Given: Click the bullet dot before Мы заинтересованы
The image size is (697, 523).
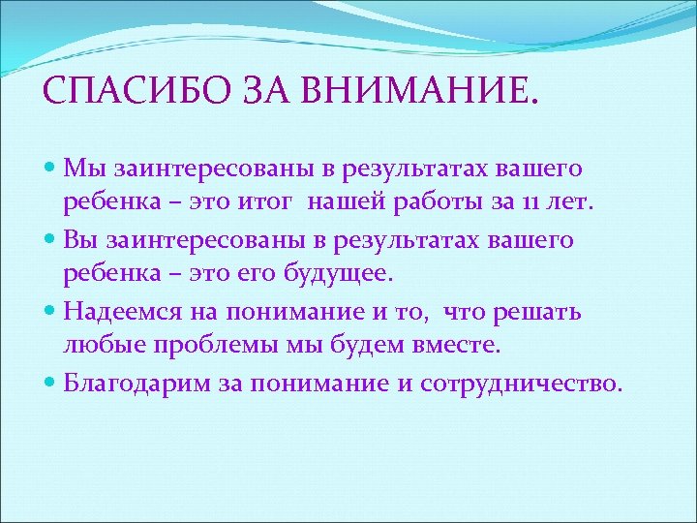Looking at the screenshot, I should (52, 169).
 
